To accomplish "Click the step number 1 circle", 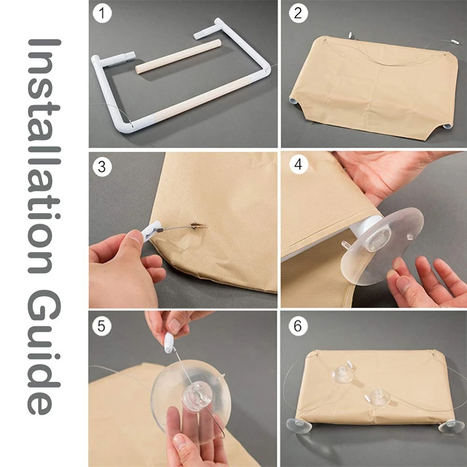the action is click(x=102, y=13).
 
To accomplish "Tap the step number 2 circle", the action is click(x=298, y=13).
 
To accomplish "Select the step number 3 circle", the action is click(x=102, y=167).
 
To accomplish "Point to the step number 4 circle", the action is click(x=298, y=164).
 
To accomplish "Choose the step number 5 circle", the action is click(x=102, y=326).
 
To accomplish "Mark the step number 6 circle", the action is click(x=298, y=326).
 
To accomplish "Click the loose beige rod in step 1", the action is click(x=178, y=56).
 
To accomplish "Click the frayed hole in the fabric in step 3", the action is click(x=197, y=225).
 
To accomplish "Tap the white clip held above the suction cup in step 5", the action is click(x=169, y=343).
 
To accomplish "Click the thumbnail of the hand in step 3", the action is click(x=136, y=238).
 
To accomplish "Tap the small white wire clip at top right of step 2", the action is click(x=455, y=41).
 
